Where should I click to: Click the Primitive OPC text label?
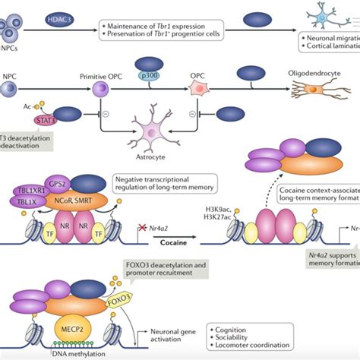coord(102,77)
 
